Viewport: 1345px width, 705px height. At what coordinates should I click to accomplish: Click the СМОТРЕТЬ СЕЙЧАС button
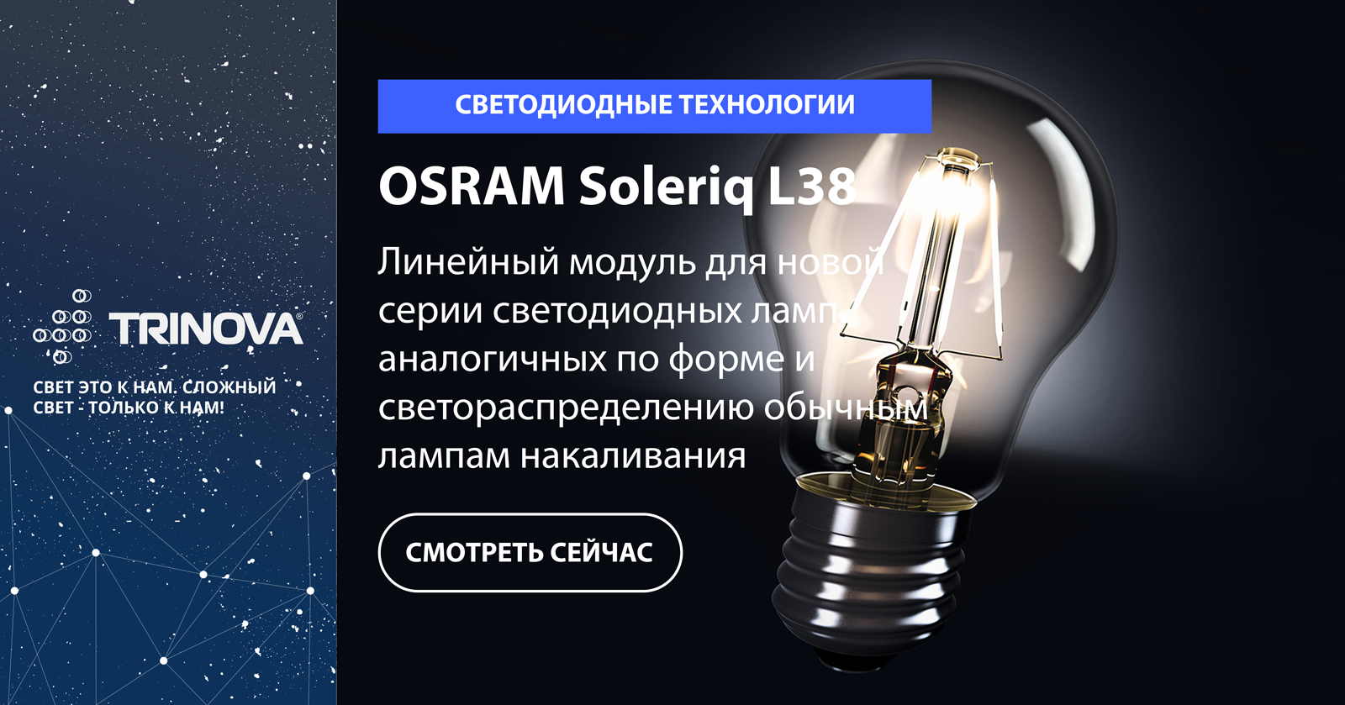tap(530, 553)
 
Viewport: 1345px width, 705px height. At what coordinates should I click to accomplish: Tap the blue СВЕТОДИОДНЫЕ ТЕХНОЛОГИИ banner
tap(655, 106)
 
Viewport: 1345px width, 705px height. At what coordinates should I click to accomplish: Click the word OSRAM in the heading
tap(472, 187)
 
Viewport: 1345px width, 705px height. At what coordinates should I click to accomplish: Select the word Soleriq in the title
tap(666, 187)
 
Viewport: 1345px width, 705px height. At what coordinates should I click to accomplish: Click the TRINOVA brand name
tap(205, 329)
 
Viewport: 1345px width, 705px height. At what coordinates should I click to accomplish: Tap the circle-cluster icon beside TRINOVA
tap(62, 327)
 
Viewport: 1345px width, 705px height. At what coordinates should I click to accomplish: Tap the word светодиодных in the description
tap(617, 312)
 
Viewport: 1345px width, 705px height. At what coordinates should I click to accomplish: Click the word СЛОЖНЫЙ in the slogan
tap(229, 387)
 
